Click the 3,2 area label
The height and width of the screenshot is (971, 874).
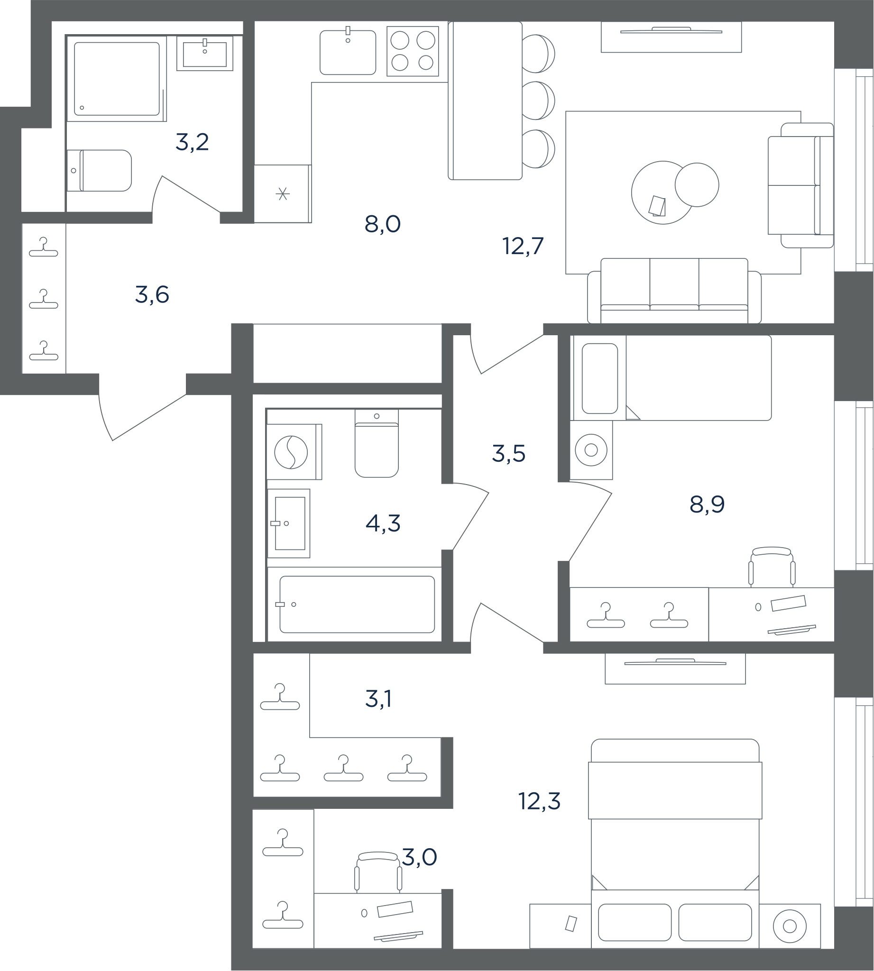coord(192,142)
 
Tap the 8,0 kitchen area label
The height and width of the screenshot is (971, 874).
coord(383,224)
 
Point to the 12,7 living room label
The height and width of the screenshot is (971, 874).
coord(523,246)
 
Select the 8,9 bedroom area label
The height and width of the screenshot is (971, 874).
coord(707,504)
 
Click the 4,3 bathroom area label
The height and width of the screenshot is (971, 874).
coord(383,523)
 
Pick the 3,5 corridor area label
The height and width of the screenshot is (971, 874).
coord(508,453)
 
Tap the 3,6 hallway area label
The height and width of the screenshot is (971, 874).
coord(152,295)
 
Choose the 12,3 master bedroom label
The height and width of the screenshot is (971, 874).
coord(539,801)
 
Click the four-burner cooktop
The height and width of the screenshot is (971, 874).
coord(413,51)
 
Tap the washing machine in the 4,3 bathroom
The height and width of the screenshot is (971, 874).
coord(294,451)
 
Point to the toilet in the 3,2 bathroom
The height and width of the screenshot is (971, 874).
coord(99,171)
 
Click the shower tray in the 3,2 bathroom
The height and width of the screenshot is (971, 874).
coord(117,79)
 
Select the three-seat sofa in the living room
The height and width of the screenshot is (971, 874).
coord(674,291)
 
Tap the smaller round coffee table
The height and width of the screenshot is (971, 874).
coord(697,185)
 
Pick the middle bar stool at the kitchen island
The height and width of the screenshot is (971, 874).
coord(538,101)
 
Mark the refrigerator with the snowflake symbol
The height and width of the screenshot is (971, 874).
coord(282,193)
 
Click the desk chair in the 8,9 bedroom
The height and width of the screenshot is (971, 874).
coord(772,567)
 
